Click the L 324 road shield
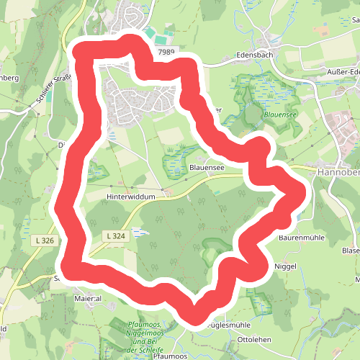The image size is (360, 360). (115, 235)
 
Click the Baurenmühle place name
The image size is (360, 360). (303, 235)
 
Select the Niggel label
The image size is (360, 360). (286, 266)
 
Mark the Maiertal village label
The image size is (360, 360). (88, 297)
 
